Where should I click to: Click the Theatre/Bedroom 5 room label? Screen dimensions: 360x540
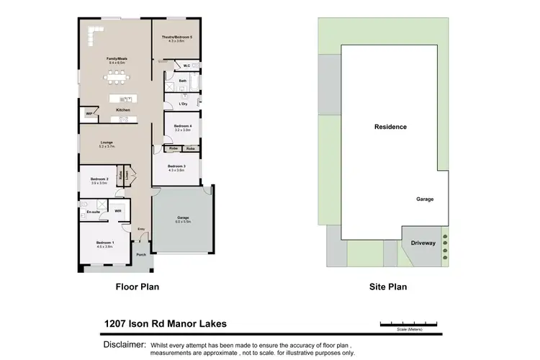176,37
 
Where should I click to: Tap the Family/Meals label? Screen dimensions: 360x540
116,59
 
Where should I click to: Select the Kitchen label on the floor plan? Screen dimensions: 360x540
123,109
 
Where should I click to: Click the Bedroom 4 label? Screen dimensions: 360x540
182,126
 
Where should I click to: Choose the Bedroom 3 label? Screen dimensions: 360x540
176,166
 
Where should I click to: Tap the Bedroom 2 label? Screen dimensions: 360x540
99,179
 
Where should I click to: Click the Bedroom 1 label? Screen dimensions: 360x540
105,243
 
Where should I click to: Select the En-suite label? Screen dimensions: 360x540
93,212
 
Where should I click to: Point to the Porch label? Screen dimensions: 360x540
141,253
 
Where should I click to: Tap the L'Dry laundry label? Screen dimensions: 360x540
183,104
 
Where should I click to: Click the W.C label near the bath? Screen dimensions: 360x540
186,66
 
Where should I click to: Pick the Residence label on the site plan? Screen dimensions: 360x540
390,127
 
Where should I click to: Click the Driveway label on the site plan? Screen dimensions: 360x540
423,243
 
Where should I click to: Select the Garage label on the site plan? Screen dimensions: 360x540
425,199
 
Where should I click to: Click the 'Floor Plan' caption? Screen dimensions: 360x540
138,287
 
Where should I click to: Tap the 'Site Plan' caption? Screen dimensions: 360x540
388,287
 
